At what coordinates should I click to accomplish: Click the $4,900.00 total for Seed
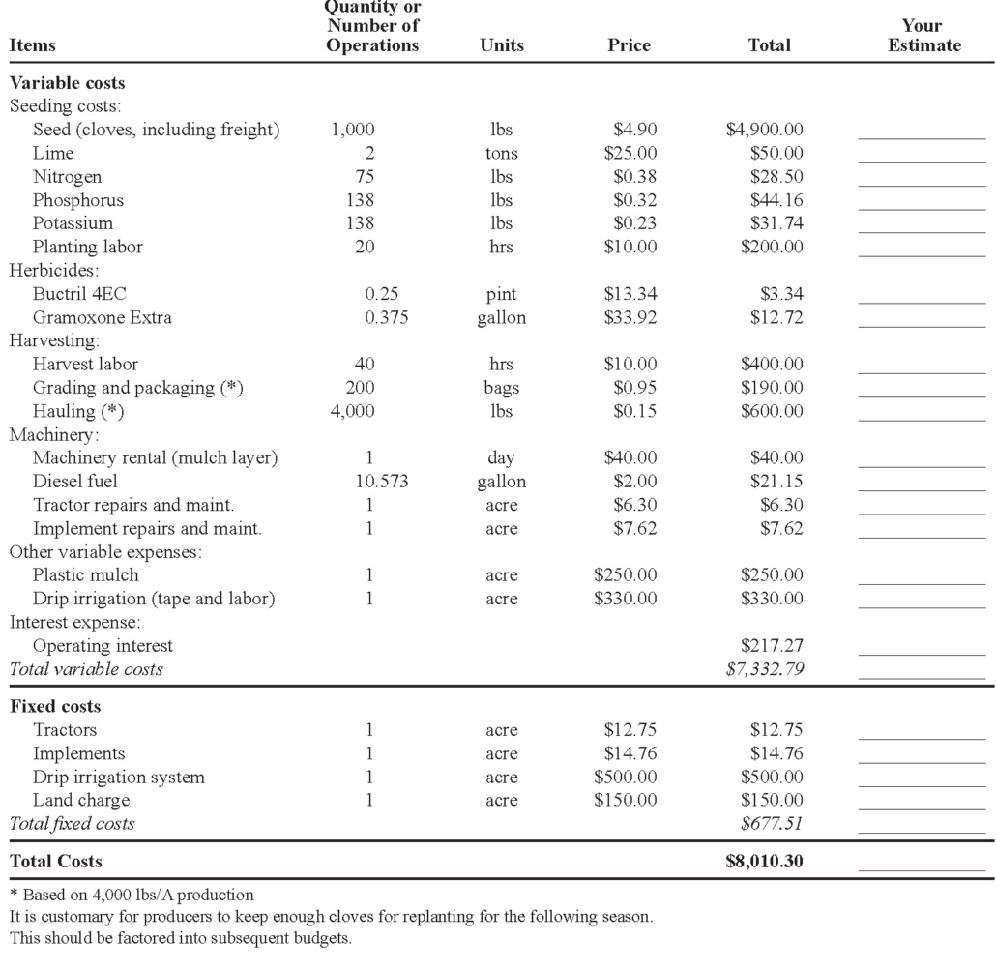click(765, 130)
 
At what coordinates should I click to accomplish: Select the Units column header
click(501, 45)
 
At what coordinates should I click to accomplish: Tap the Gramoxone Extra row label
click(103, 317)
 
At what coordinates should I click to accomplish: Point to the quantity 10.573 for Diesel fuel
click(370, 481)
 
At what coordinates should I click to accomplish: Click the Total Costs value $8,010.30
click(765, 861)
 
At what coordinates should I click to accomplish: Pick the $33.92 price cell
click(630, 317)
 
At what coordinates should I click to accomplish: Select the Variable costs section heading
click(68, 83)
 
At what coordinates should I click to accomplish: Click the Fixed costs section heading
click(55, 706)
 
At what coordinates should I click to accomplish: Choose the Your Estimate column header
click(923, 36)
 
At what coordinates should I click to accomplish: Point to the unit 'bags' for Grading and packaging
click(501, 388)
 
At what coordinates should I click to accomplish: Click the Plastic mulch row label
click(86, 575)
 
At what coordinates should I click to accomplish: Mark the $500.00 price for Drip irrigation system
click(626, 777)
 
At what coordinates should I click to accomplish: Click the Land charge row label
click(81, 800)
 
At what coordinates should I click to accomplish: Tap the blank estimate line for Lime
click(922, 159)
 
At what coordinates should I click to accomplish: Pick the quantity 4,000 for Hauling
click(353, 411)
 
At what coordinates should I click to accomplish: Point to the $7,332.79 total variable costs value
click(765, 668)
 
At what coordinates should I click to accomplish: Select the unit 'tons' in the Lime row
click(501, 153)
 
